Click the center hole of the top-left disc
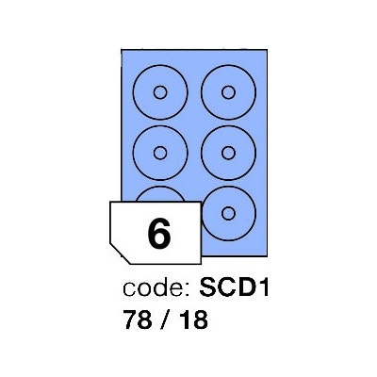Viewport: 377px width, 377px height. pos(160,92)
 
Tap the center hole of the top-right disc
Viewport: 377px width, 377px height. pos(228,92)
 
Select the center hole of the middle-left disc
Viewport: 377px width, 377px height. pos(160,153)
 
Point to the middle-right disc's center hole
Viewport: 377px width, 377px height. pos(228,153)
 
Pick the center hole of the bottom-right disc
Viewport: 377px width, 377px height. pos(228,213)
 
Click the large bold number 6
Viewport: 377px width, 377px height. pos(159,233)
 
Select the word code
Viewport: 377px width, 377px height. pos(153,288)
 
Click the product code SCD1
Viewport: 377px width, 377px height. pos(235,288)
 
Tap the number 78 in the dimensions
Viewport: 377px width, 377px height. pos(138,320)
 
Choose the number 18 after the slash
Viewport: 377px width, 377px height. pos(194,320)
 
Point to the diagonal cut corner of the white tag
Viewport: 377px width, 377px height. pos(120,254)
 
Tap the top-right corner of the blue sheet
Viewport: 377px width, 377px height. pos(267,50)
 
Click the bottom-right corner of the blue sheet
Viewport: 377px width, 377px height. pos(267,256)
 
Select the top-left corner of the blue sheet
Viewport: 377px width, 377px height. pos(122,50)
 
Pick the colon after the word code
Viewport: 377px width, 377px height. pos(187,290)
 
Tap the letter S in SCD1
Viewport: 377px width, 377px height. pos(207,288)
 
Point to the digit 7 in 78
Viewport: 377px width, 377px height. pos(130,320)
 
